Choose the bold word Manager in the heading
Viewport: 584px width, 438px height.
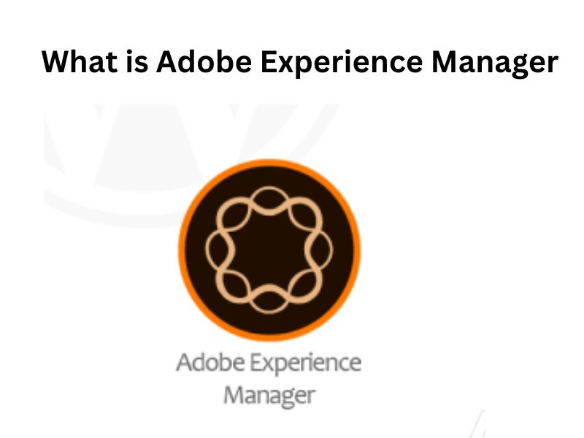click(494, 63)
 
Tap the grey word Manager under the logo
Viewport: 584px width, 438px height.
click(269, 395)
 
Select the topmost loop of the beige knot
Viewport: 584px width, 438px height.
click(269, 198)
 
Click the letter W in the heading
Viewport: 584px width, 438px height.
click(58, 61)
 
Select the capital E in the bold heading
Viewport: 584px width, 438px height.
click(271, 61)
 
